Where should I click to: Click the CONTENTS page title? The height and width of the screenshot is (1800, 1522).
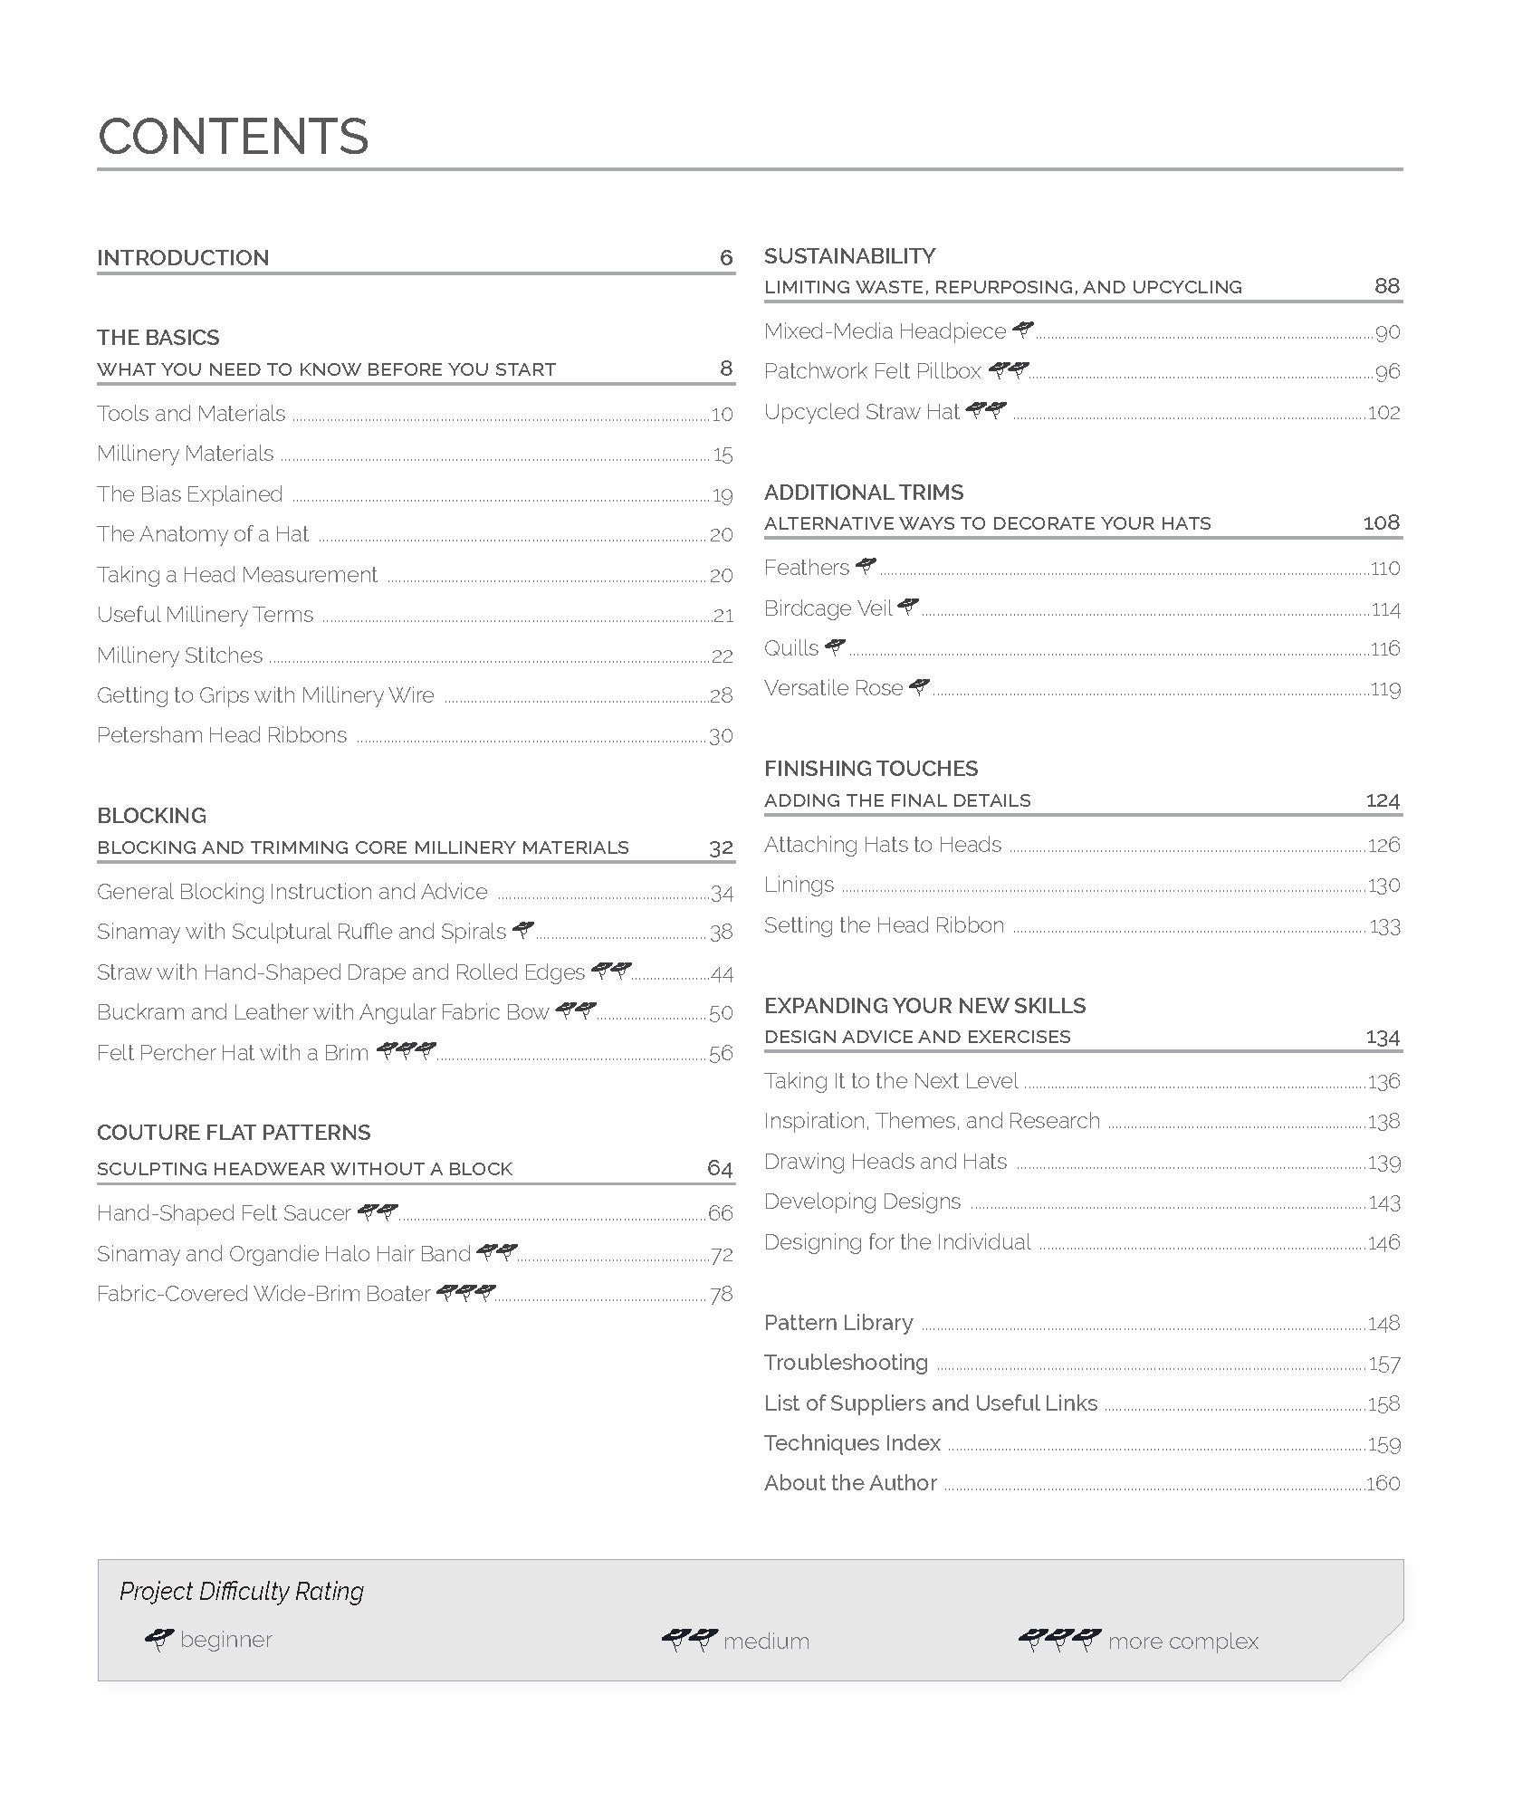pos(233,137)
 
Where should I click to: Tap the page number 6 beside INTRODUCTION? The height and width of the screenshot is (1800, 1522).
pos(725,258)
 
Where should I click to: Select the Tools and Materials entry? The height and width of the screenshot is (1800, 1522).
pos(191,414)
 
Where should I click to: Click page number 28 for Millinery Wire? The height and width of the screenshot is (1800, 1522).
pos(721,695)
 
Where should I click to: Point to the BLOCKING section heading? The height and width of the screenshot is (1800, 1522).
pos(151,815)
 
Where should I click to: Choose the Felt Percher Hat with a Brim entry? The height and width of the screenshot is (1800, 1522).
pos(233,1053)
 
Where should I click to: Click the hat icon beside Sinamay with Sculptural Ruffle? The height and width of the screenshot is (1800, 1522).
pos(522,929)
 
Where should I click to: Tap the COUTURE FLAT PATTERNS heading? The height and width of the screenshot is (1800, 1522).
pos(234,1133)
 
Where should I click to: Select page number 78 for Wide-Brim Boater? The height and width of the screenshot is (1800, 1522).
pos(721,1295)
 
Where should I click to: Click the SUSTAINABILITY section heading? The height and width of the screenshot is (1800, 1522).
pos(849,256)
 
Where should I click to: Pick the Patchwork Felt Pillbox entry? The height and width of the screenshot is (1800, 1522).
pos(872,371)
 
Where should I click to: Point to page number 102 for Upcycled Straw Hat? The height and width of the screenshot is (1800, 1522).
pos(1383,413)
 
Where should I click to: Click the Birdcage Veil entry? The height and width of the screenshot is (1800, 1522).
pos(828,608)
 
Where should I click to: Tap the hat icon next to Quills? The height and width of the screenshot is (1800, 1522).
pos(835,646)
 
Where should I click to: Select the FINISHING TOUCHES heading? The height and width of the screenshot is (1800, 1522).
pos(870,769)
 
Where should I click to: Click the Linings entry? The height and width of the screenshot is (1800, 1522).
pos(799,885)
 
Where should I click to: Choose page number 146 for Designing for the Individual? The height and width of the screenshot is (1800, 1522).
pos(1383,1243)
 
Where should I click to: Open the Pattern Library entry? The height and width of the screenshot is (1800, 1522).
pos(838,1323)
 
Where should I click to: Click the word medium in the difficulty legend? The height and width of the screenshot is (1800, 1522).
pos(766,1642)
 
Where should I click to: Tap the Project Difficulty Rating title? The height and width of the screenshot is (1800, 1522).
pos(242,1591)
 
